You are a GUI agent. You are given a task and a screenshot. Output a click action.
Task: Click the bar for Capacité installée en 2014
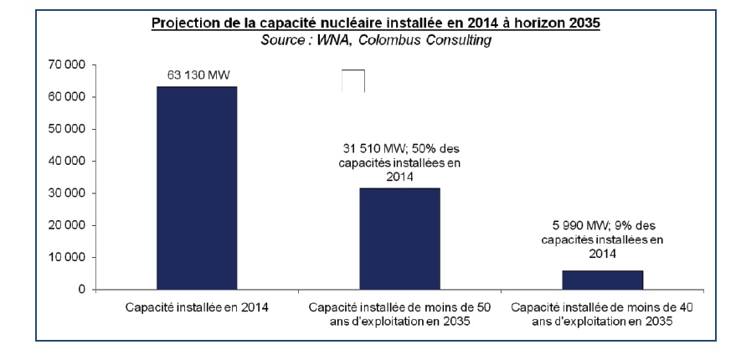[196, 188]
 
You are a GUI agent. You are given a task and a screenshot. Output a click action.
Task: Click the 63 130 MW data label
[197, 76]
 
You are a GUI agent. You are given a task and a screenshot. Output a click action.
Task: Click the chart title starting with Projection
[376, 23]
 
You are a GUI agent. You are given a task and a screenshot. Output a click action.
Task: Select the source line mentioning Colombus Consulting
[376, 39]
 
